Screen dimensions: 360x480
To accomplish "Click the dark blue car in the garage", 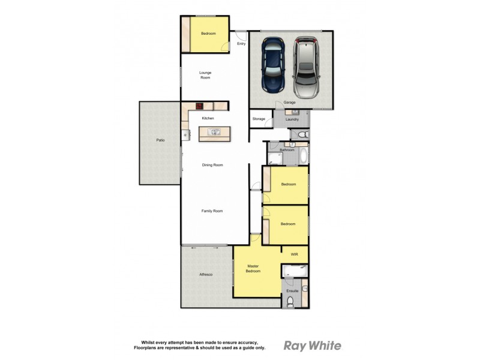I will [x=273, y=64].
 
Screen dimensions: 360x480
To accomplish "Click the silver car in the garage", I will [x=305, y=63].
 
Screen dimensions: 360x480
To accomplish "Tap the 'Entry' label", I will [x=241, y=44].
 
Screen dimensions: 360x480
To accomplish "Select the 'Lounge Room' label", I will [x=206, y=75].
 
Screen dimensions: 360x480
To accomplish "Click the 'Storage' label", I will [x=258, y=119].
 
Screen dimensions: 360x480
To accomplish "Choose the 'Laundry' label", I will [x=292, y=119].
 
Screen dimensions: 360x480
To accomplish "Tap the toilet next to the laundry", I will [x=302, y=134].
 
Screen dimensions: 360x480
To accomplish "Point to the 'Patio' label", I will [x=160, y=140].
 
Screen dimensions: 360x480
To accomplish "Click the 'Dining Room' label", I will [x=212, y=165].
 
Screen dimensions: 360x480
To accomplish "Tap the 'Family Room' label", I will [x=212, y=211].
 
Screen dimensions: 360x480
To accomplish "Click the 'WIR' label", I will [x=294, y=254].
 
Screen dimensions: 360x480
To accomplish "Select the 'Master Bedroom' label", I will [x=253, y=268].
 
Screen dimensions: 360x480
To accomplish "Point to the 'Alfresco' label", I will [x=206, y=274].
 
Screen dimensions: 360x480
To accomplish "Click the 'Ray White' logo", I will [x=312, y=346].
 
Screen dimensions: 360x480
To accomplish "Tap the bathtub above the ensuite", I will [x=295, y=271].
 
